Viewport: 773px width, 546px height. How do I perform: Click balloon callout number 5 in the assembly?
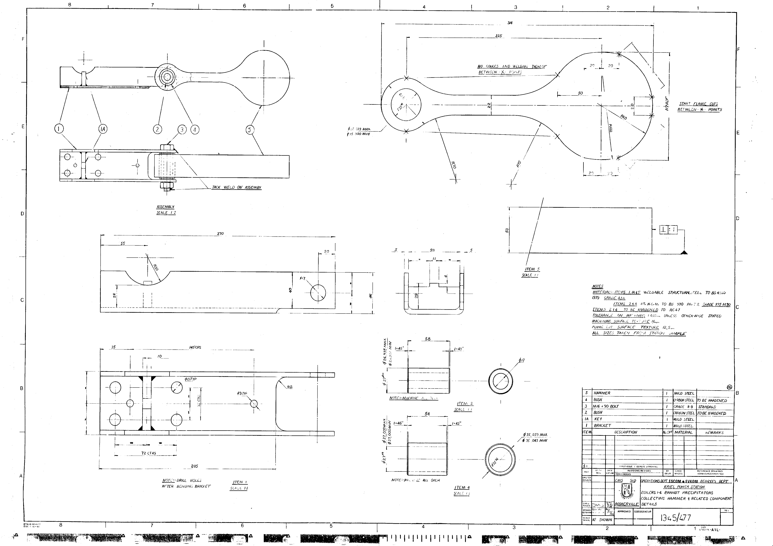click(x=249, y=130)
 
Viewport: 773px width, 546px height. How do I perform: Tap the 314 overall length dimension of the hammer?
click(x=510, y=23)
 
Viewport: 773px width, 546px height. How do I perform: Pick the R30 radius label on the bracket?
click(x=156, y=268)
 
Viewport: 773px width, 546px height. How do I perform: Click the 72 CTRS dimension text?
click(x=149, y=453)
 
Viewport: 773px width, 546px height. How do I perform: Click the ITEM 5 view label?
click(x=532, y=269)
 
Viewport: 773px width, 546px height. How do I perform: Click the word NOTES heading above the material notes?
click(x=598, y=286)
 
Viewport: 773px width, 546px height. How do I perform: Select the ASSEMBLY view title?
click(x=165, y=207)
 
